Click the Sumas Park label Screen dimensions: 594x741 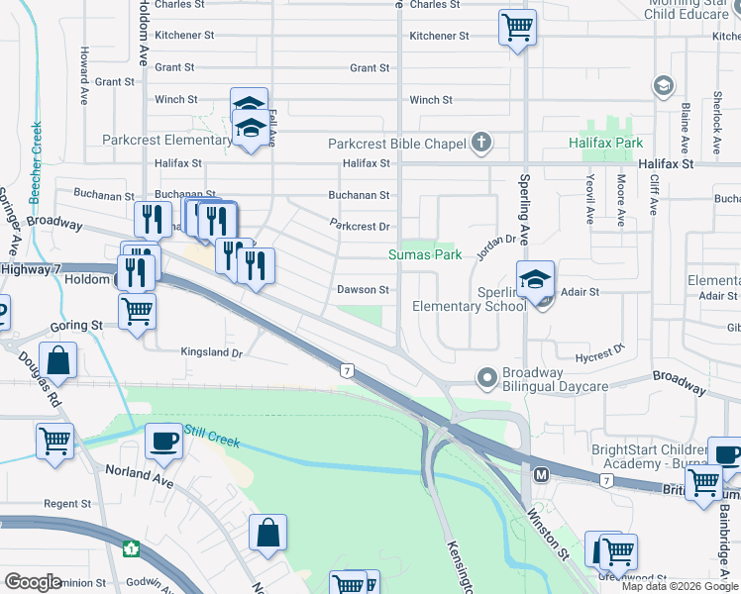pos(424,254)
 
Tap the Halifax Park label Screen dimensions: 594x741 pos(605,144)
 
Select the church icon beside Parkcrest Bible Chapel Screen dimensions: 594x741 pos(480,143)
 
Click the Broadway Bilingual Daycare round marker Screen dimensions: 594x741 pos(486,377)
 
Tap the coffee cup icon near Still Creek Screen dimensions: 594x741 pos(162,441)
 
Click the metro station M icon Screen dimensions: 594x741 pos(541,474)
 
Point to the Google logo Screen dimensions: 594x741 pos(33,582)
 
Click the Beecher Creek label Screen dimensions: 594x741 pos(36,162)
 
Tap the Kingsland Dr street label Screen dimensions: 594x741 pos(211,352)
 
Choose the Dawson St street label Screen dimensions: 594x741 pos(363,290)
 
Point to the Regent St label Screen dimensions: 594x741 pos(67,504)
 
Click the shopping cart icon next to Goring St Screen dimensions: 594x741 pos(137,310)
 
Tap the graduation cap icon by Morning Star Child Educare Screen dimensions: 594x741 pos(662,87)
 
